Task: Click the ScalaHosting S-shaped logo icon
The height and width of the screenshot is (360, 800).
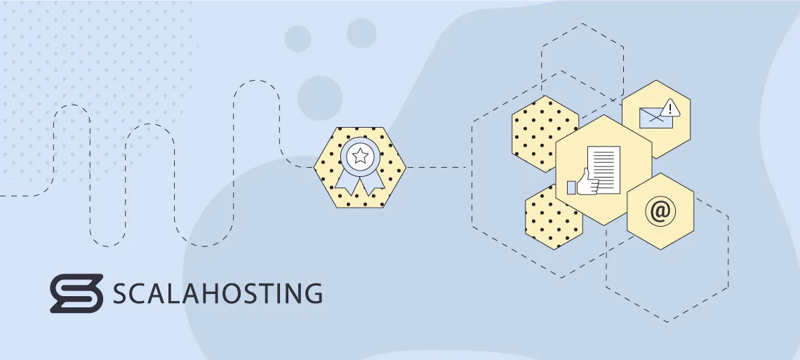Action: [x=76, y=293]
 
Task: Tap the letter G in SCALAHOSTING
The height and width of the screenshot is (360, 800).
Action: [x=312, y=293]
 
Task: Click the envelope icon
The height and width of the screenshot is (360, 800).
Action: [x=655, y=118]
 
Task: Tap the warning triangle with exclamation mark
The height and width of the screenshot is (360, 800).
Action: [x=670, y=108]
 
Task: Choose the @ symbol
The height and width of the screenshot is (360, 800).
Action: [x=660, y=211]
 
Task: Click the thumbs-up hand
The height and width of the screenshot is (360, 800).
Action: [x=587, y=183]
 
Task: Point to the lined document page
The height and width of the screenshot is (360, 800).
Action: [x=604, y=170]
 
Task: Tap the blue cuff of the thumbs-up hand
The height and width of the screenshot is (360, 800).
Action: [x=571, y=187]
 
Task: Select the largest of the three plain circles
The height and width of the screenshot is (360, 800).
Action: [x=320, y=98]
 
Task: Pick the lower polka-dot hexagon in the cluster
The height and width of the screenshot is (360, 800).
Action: [x=552, y=218]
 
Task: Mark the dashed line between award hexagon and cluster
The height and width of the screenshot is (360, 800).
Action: [x=436, y=167]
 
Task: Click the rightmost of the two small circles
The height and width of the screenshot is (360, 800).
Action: [x=361, y=33]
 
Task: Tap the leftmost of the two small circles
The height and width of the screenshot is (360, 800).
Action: [x=298, y=39]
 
